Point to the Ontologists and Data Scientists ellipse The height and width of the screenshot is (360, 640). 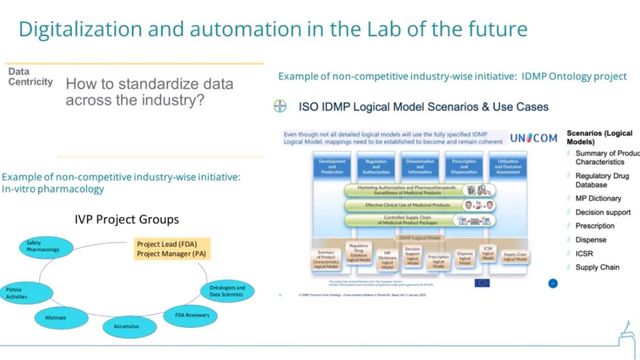pos(227,290)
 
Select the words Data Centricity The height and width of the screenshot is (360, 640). pos(26,77)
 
